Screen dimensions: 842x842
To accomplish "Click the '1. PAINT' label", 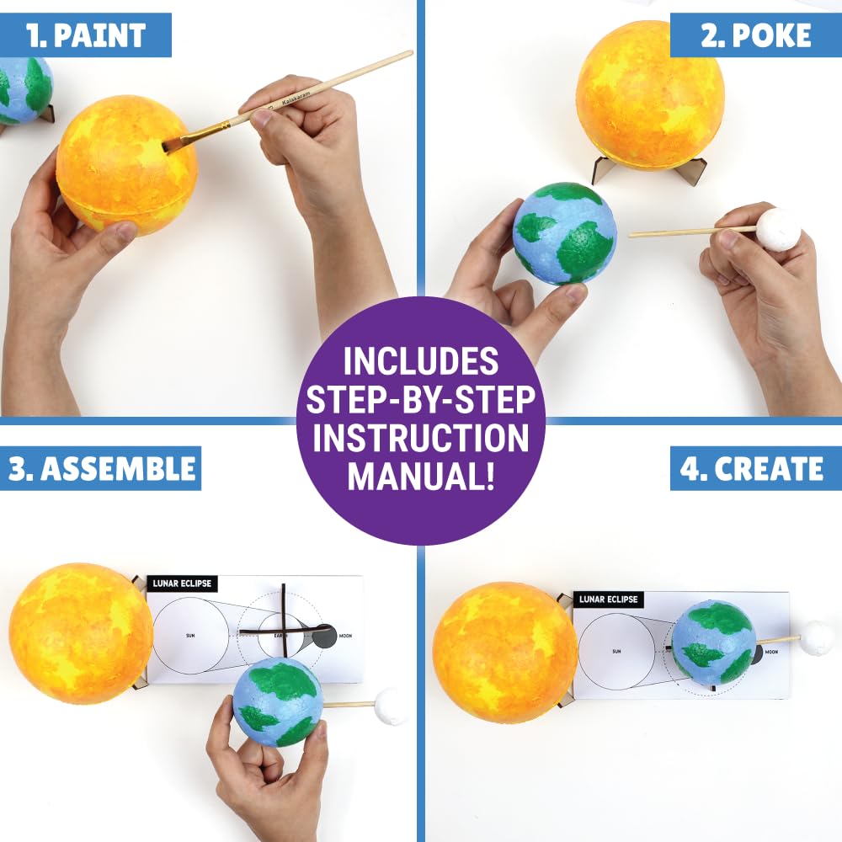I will click(87, 35).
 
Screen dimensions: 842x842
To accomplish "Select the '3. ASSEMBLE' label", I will click(101, 468).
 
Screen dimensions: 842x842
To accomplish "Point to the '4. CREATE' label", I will click(753, 468).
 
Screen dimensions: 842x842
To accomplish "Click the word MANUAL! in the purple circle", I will click(420, 477).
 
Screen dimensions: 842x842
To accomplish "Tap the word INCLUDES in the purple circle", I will click(420, 360).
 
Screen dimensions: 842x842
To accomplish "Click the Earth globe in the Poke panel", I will click(564, 233).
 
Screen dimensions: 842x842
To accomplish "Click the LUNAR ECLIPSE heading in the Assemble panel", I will click(183, 584).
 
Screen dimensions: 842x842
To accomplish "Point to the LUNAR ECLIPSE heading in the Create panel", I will click(608, 600).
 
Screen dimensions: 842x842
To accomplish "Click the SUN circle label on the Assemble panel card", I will click(190, 636).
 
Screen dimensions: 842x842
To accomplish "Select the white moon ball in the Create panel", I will click(815, 637).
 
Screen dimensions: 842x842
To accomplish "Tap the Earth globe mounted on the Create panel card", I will click(713, 642).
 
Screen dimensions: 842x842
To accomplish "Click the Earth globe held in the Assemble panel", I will click(277, 701).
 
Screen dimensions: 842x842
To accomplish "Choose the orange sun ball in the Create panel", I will click(504, 652).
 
